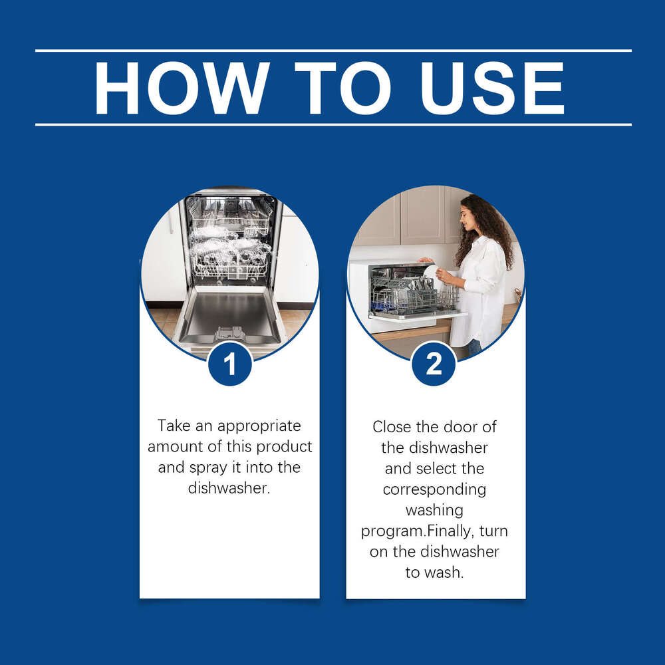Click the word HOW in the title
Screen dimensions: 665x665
point(182,88)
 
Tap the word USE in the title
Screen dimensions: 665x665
point(492,88)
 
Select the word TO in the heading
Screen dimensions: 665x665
point(342,88)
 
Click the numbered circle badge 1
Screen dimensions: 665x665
point(230,364)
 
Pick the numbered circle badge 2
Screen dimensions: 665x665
point(434,364)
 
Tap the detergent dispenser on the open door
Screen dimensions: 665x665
point(229,333)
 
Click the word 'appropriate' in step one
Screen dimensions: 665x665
point(259,426)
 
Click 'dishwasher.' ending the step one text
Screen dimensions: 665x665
point(229,488)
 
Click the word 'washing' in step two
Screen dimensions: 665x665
point(434,511)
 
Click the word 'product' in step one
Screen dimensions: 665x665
point(284,447)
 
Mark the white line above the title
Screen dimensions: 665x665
point(333,51)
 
